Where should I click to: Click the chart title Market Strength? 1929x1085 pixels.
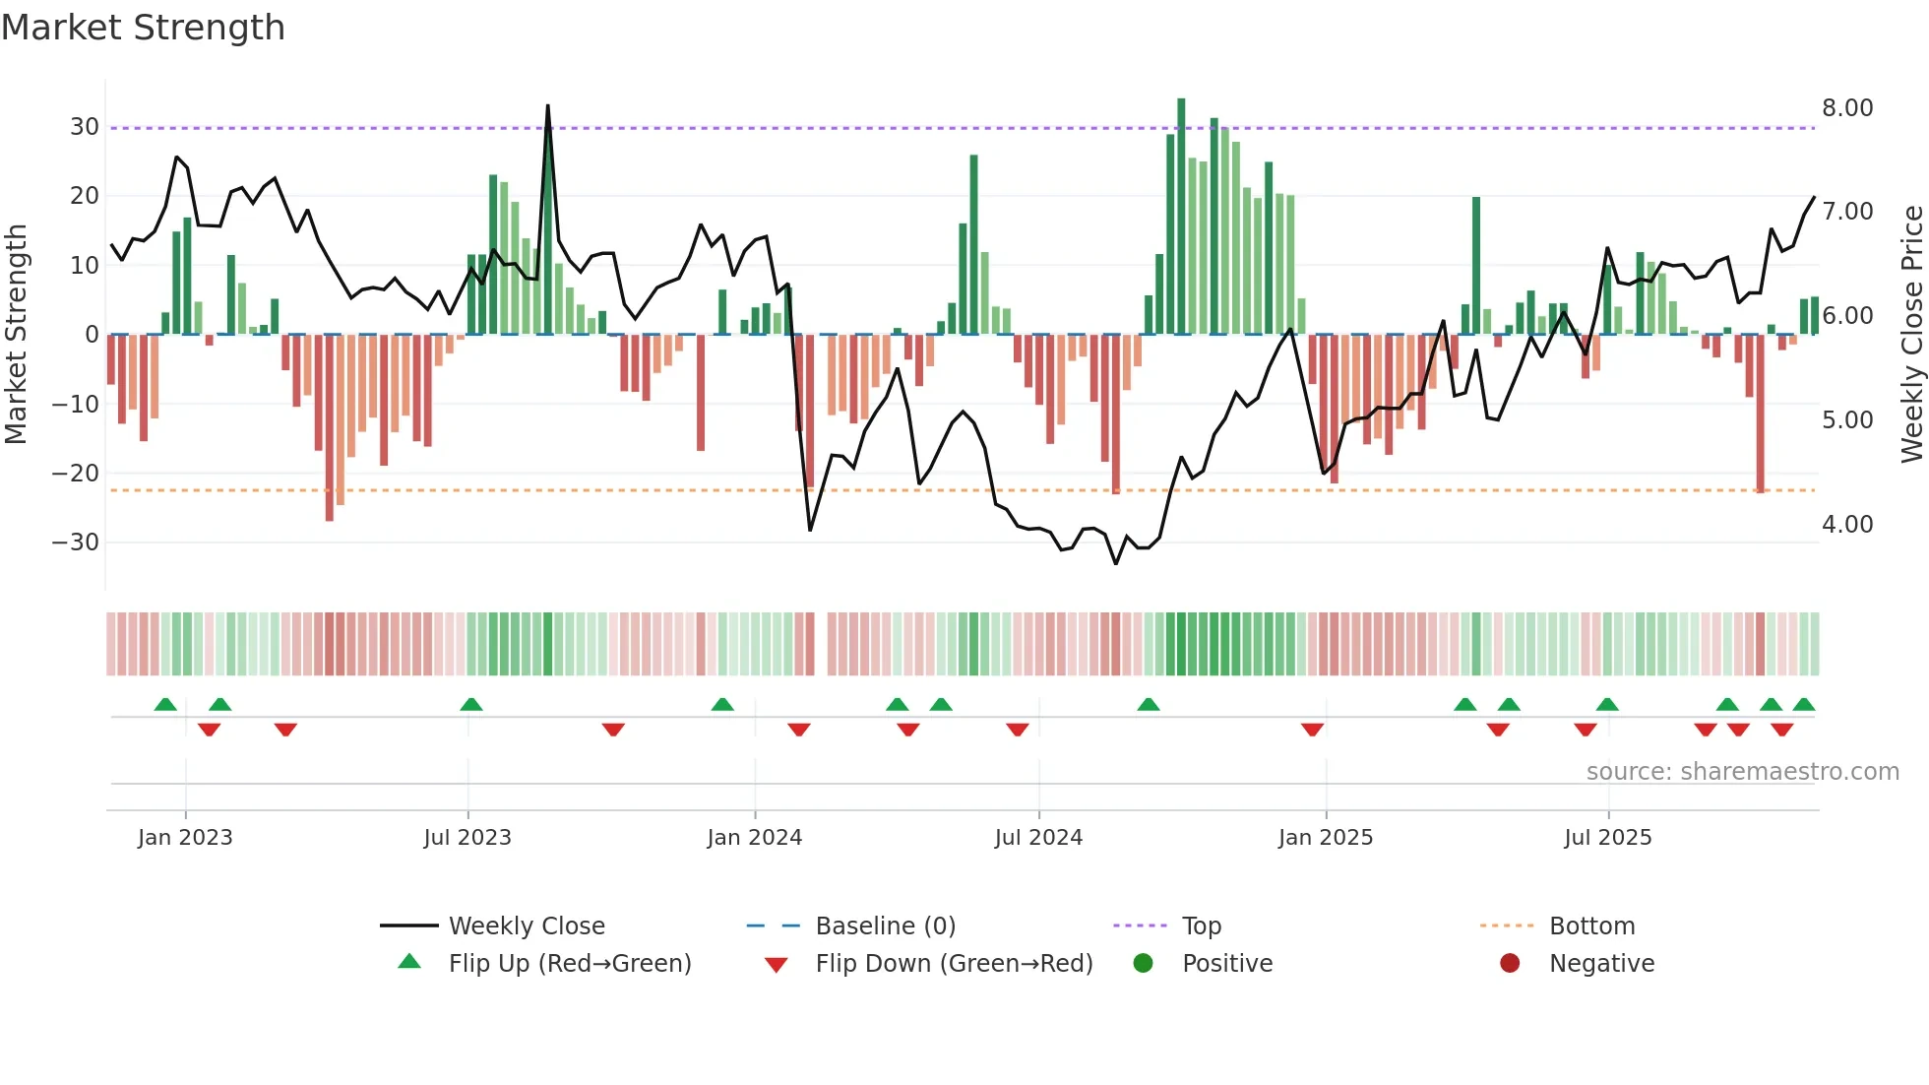coord(143,28)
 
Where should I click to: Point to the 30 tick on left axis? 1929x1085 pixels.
coord(84,127)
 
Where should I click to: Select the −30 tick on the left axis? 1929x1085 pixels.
coord(76,542)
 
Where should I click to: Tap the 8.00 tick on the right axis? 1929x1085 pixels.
coord(1846,108)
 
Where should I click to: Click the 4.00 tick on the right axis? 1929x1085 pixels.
coord(1846,525)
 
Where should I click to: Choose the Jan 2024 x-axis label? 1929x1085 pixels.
coord(754,838)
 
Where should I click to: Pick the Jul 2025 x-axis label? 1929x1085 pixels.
coord(1607,838)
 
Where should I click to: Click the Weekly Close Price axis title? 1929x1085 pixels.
coord(1911,334)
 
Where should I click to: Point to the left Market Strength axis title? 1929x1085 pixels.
coord(16,334)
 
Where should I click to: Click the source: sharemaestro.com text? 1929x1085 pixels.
coord(1742,772)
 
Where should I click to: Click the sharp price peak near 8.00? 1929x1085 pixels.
coord(547,108)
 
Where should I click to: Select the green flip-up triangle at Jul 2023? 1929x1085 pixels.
coord(471,705)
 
